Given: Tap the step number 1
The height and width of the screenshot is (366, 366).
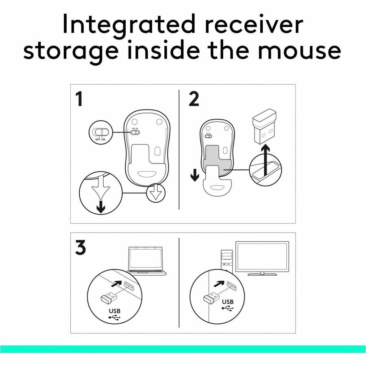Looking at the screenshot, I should click(x=79, y=99).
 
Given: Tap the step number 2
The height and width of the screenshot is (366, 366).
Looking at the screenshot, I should click(x=194, y=99).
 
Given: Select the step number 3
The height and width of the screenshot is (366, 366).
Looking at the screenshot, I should click(x=81, y=248).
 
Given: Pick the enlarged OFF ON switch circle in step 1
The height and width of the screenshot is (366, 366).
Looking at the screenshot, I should click(x=100, y=132).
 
